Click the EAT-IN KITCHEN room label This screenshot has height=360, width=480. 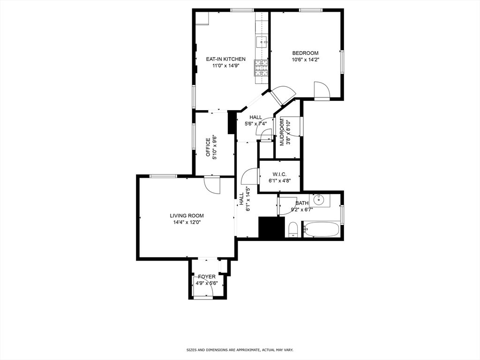tap(225, 59)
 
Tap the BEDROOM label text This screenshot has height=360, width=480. tap(305, 53)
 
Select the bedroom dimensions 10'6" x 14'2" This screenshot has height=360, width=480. tap(305, 60)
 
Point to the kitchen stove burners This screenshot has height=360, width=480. tap(261, 68)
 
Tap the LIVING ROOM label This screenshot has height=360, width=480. tap(187, 216)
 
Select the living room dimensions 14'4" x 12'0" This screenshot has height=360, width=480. tap(187, 223)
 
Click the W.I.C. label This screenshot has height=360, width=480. tap(279, 174)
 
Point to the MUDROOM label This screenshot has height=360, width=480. tap(282, 132)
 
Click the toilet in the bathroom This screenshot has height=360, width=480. tap(293, 229)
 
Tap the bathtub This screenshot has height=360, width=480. tap(322, 229)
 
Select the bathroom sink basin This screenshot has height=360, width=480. tap(319, 200)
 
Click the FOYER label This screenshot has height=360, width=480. tap(207, 277)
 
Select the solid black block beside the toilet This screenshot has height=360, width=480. tap(272, 227)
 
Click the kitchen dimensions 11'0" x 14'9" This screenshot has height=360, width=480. tap(225, 66)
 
